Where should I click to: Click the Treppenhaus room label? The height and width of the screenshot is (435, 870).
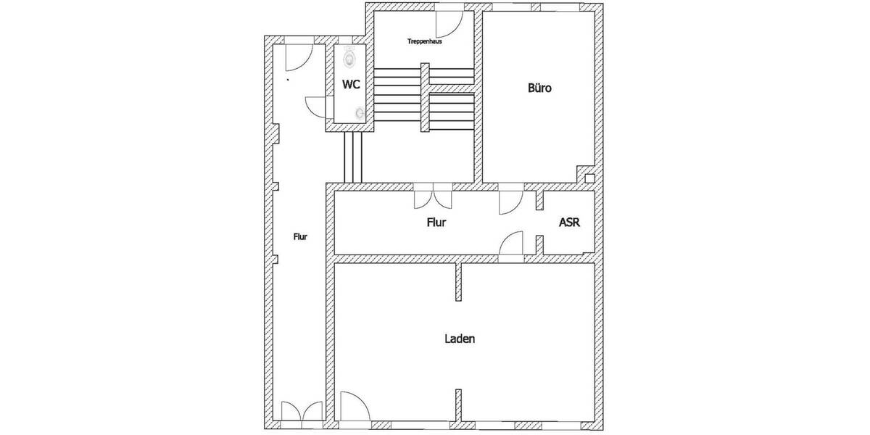pos(425,41)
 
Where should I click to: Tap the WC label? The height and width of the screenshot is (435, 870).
pos(351,84)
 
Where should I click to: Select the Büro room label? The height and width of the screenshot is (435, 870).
pos(540,89)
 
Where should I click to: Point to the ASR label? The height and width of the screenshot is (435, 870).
pos(569,223)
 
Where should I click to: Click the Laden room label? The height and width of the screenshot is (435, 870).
pos(460,339)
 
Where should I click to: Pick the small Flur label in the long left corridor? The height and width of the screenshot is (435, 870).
pos(300,236)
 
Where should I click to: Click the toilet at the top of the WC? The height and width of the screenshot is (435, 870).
pos(351,55)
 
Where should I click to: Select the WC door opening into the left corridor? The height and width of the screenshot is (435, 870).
pos(317,106)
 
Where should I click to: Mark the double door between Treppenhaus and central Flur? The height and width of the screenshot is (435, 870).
pos(432,197)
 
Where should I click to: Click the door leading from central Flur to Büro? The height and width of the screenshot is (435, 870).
pos(511,202)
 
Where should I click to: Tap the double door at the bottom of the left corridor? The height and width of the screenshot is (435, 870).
pos(301,411)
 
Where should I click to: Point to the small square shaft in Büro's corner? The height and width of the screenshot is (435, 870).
pos(589,178)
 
